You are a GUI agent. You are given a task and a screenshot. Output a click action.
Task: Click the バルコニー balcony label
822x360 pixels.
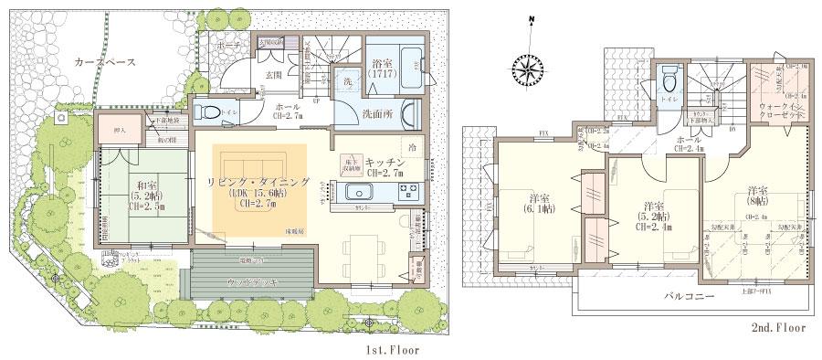[680, 298]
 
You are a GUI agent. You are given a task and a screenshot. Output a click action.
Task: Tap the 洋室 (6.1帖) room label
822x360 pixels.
[538, 203]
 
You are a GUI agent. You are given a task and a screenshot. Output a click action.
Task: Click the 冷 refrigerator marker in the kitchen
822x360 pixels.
[413, 146]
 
